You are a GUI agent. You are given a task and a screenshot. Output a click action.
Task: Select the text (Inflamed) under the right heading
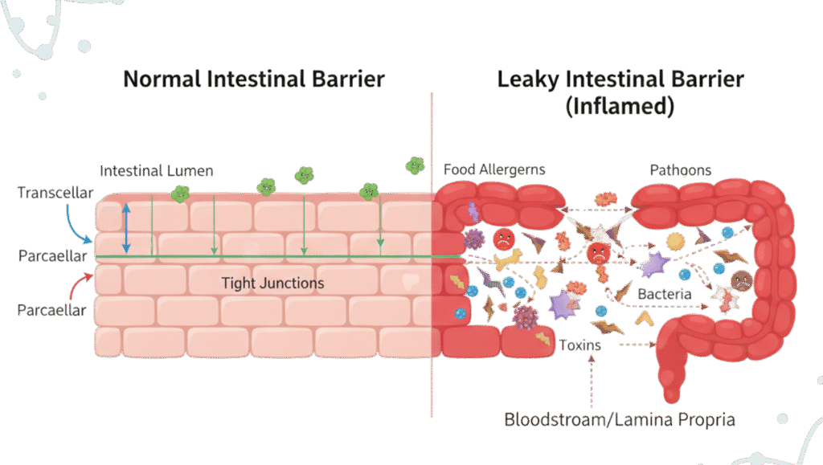[620, 107]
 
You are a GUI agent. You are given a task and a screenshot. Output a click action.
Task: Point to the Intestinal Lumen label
[157, 171]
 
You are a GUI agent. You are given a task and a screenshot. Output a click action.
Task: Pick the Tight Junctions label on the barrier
[272, 283]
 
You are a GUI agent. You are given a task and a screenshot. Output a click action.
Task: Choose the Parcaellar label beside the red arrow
[52, 310]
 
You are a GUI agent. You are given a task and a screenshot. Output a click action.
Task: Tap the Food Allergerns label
[494, 169]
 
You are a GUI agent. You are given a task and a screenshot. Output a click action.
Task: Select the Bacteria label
[664, 294]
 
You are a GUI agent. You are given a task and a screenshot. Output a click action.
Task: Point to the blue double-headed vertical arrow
[126, 229]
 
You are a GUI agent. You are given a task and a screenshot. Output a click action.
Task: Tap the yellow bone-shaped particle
[507, 261]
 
